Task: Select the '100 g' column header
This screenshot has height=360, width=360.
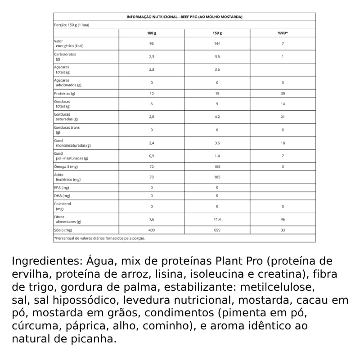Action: [x=152, y=33]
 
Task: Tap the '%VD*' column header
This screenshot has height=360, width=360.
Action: [x=283, y=33]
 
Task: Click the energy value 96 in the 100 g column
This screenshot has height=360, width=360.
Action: [x=152, y=44]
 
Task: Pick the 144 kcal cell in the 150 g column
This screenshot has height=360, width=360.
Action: [x=217, y=44]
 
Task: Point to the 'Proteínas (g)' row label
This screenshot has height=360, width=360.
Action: [x=65, y=93]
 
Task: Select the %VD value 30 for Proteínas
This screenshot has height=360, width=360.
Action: [x=283, y=93]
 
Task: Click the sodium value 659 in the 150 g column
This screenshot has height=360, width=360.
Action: [x=217, y=230]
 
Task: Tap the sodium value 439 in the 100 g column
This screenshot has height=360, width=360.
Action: [x=152, y=230]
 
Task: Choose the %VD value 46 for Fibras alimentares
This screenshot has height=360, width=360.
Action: [x=283, y=219]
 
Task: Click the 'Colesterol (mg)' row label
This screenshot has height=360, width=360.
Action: [x=63, y=206]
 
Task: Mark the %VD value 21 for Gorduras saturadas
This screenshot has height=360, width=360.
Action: [x=283, y=117]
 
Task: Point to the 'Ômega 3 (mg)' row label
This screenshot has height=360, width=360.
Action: [x=66, y=167]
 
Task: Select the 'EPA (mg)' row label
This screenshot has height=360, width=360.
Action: [x=62, y=187]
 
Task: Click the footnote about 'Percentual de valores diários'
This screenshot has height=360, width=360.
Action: [x=99, y=238]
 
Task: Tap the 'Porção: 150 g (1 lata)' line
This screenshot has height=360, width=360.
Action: [x=72, y=25]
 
